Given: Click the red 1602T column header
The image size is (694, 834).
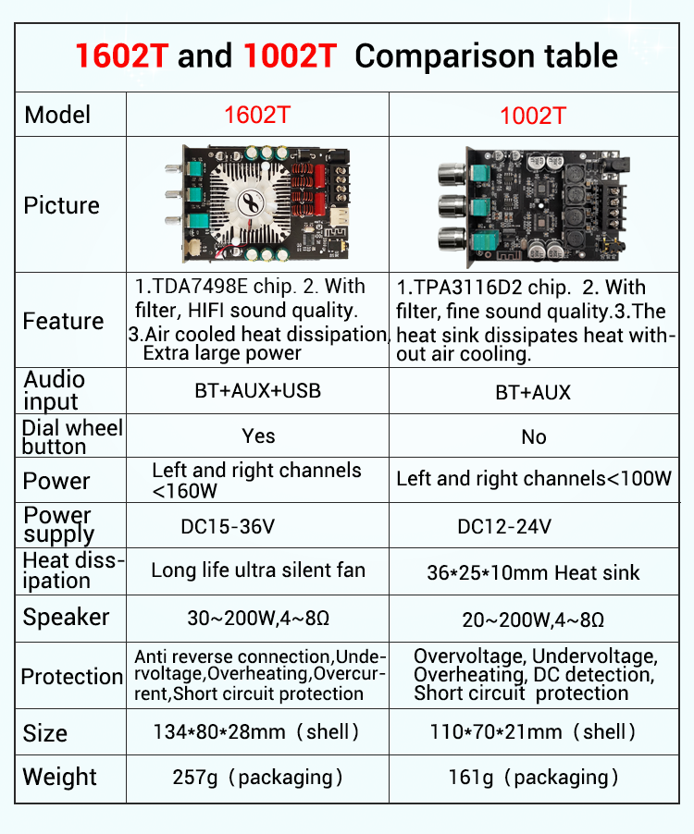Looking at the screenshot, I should coord(256,115).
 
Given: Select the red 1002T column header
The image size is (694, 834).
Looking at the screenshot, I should coord(532,116).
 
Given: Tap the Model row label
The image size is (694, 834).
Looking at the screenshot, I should coord(57,115).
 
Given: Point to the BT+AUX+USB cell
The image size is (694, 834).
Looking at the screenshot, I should coord(257,390).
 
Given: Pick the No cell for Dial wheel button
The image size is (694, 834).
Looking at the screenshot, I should coord(534,436).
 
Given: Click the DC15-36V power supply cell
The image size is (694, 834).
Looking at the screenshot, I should coord(228,527).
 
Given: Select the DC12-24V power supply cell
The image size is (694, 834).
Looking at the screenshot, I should coord(504,527).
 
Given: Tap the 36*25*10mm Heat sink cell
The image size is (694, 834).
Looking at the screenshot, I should coord(533,572).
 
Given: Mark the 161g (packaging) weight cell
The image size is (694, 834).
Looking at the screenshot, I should coord(533,777).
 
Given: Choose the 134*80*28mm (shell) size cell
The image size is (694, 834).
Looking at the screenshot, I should coord(256,732).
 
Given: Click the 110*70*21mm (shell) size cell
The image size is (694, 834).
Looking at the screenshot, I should coord(533,732).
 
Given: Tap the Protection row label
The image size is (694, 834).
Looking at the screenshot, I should coord(71,676).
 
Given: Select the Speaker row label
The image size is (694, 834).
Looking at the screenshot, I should coord(66,617).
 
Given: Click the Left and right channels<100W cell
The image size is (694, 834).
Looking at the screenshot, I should coord(534,479).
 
